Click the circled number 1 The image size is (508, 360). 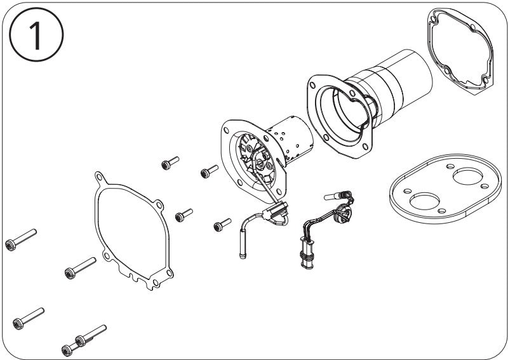point(36,34)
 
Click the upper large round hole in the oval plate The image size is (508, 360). point(467,177)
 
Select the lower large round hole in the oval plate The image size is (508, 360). point(424,201)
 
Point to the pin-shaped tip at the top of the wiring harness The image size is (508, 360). point(332,196)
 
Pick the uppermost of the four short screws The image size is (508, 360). point(170,163)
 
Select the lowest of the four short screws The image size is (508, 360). point(223,225)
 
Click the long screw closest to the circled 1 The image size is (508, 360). point(21,240)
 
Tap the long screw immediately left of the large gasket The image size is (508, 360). point(81,269)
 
